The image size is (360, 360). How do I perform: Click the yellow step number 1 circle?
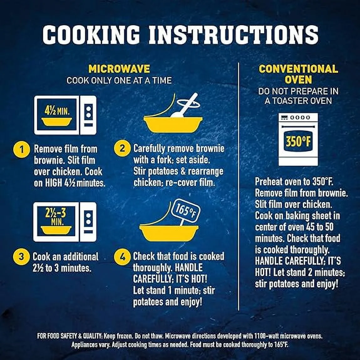[x=22, y=150]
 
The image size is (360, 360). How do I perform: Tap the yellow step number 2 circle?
[x=122, y=149]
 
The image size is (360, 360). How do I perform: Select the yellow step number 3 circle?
[x=21, y=257]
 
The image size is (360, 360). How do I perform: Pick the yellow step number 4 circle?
[x=122, y=257]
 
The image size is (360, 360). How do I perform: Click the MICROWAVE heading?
[x=119, y=69]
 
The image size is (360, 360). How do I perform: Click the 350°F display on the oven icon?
[x=298, y=141]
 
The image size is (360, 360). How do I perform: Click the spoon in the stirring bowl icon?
[x=184, y=106]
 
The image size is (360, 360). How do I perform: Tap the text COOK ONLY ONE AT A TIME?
[x=119, y=80]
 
